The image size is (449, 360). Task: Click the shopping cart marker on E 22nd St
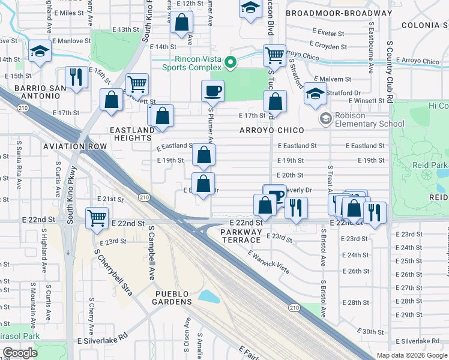click(x=97, y=218)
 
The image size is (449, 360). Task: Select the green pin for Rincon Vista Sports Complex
click(x=229, y=62)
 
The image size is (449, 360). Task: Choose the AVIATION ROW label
click(x=74, y=146)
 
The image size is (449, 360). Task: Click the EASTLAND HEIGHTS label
click(x=132, y=134)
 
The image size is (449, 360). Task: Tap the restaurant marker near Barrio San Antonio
click(x=76, y=77)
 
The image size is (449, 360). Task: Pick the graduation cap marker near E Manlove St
click(x=40, y=52)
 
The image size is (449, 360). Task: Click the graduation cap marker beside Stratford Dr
click(x=315, y=94)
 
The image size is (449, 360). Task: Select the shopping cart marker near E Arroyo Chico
click(x=274, y=55)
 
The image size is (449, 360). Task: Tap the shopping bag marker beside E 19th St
click(x=204, y=155)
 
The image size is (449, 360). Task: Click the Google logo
click(x=20, y=353)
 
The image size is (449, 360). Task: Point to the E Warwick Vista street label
click(x=268, y=262)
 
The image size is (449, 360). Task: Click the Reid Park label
click(x=430, y=165)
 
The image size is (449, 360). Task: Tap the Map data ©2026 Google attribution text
click(x=411, y=355)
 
